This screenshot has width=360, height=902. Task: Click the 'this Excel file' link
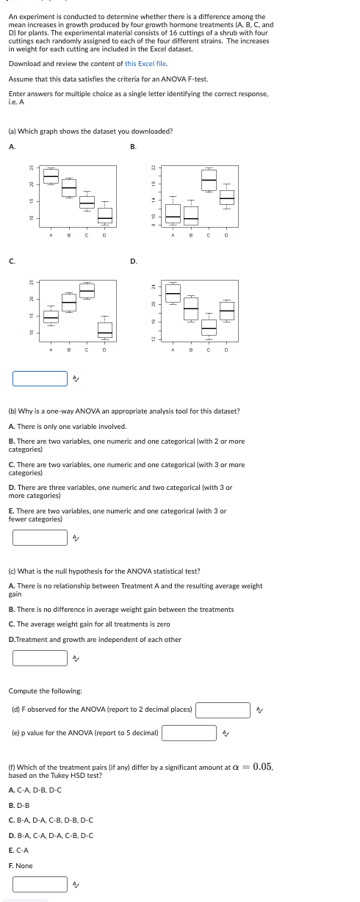pyautogui.click(x=145, y=64)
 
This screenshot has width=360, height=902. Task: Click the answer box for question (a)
pyautogui.click(x=40, y=378)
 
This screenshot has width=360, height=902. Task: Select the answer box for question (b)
pyautogui.click(x=40, y=538)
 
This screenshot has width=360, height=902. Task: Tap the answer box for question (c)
pyautogui.click(x=40, y=658)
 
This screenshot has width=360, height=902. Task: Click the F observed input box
pyautogui.click(x=223, y=710)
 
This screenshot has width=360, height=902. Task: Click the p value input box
pyautogui.click(x=190, y=733)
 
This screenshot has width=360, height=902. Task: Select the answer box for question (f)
pyautogui.click(x=40, y=884)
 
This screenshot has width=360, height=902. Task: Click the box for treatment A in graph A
pyautogui.click(x=51, y=176)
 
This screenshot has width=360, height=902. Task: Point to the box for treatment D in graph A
pyautogui.click(x=105, y=215)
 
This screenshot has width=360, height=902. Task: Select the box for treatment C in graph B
pyautogui.click(x=209, y=180)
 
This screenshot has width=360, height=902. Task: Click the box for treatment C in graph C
pyautogui.click(x=87, y=291)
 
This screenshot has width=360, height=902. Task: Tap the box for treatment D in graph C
pyautogui.click(x=105, y=331)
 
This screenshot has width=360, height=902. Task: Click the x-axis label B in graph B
pyautogui.click(x=191, y=235)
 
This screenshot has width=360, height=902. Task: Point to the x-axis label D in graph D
pyautogui.click(x=226, y=350)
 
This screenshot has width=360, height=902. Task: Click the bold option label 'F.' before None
pyautogui.click(x=11, y=866)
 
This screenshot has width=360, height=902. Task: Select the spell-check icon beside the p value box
pyautogui.click(x=226, y=734)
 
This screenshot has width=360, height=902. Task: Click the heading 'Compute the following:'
pyautogui.click(x=45, y=691)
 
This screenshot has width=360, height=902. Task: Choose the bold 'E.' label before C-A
pyautogui.click(x=11, y=851)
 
